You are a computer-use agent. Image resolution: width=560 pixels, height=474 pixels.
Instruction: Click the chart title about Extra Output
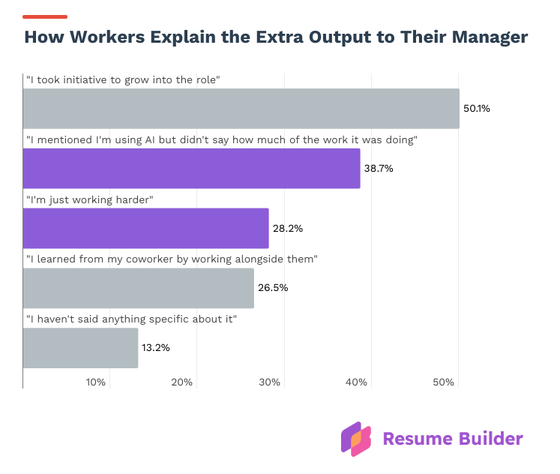[276, 38]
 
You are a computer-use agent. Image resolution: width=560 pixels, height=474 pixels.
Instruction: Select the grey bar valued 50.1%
[241, 108]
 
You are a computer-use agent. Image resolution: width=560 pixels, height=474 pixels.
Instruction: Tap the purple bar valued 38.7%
[191, 168]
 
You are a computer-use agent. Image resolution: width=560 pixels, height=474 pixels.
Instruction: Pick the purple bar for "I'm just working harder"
[145, 228]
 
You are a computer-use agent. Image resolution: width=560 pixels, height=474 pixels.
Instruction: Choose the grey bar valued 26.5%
[138, 288]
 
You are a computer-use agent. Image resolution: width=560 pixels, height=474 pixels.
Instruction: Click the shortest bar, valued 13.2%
[80, 348]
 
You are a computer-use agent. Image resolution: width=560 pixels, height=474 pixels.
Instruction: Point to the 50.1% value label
[476, 109]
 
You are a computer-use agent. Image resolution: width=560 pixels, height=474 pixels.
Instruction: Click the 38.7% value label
[379, 169]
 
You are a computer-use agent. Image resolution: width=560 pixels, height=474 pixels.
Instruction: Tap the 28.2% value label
[287, 229]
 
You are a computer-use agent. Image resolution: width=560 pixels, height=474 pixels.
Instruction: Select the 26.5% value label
[273, 288]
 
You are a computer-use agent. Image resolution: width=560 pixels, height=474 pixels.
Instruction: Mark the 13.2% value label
[157, 348]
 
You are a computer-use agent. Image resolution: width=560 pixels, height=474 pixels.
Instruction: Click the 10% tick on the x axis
[95, 382]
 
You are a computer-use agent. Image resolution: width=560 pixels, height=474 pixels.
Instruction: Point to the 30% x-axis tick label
[269, 382]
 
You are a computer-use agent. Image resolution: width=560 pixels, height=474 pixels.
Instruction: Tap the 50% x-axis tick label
[443, 382]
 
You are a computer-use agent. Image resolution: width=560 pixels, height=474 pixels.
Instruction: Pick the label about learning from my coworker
[172, 259]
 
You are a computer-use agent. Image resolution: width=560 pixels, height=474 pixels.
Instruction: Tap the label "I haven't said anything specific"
[131, 319]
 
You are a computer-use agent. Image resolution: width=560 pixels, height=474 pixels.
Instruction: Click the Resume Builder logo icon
[356, 439]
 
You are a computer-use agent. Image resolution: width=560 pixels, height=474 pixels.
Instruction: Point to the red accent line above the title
[45, 16]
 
